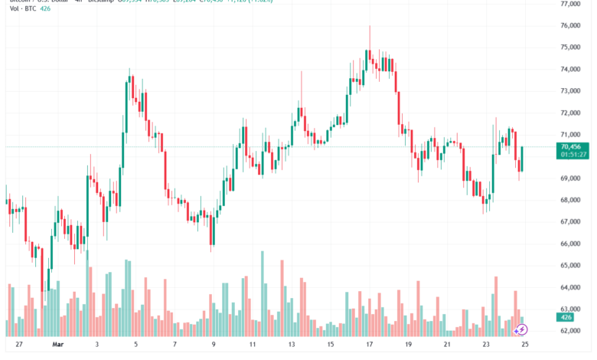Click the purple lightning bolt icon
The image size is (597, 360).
522,329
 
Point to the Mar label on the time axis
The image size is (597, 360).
57,345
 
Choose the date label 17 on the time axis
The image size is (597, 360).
368,345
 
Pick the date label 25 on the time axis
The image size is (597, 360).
524,345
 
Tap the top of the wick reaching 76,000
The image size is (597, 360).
370,27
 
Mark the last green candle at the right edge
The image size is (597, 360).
522,159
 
